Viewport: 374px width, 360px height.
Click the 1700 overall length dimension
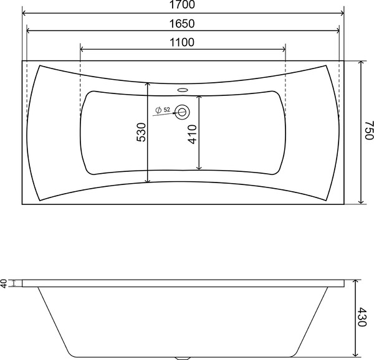click(x=183, y=6)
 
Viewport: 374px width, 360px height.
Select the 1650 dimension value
click(x=183, y=24)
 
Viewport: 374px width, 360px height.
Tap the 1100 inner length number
click(x=182, y=42)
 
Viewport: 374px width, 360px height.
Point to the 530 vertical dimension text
click(x=141, y=133)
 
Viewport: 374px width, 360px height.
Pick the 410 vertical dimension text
click(x=193, y=133)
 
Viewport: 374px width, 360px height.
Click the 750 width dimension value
click(x=368, y=132)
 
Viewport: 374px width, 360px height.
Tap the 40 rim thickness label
click(x=4, y=283)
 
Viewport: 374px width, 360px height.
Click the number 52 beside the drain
click(x=167, y=110)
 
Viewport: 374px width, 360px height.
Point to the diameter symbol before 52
click(x=159, y=110)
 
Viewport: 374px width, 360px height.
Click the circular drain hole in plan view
click(x=183, y=112)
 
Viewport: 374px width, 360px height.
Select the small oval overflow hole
click(x=183, y=89)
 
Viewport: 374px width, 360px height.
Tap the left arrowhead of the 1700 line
click(x=25, y=12)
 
